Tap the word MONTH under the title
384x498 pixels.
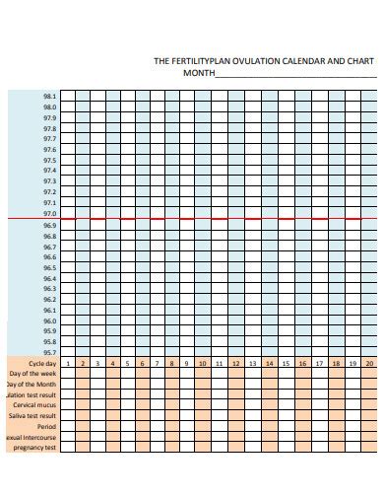tap(198, 73)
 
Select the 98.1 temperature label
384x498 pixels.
tap(49, 96)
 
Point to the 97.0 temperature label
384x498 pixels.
tap(49, 214)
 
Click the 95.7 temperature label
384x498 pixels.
tap(49, 352)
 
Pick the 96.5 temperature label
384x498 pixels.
tap(49, 267)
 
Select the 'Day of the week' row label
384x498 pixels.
tap(33, 374)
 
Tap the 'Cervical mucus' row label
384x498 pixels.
tap(34, 405)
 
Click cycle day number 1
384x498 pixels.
tap(68, 364)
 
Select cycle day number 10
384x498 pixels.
tap(202, 364)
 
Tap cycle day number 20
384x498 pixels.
tap(369, 364)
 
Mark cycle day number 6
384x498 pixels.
tap(143, 364)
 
